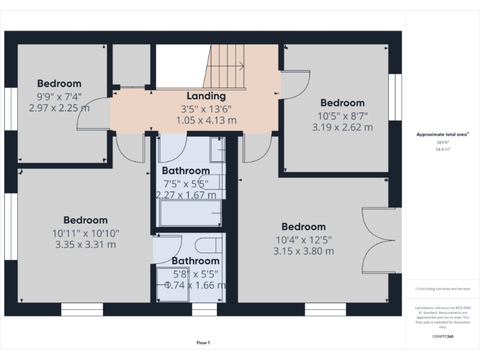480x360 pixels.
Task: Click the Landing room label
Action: (206, 96)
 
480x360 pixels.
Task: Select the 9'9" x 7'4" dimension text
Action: (59, 96)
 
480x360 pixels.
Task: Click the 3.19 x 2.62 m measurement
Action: (342, 127)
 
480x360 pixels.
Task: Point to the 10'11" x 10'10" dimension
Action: (85, 232)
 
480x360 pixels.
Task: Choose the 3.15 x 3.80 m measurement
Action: (303, 251)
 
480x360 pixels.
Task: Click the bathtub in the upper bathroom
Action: (190, 213)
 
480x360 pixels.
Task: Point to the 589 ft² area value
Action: (443, 142)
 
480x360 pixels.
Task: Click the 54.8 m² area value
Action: (443, 150)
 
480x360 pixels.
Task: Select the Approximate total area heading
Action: (442, 134)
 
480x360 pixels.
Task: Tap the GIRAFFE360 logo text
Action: (442, 337)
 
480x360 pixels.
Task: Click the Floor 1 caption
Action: (203, 342)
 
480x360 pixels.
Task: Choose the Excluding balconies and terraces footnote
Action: (442, 289)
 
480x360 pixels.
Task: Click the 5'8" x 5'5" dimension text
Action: (195, 273)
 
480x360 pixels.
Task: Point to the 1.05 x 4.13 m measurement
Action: (206, 120)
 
